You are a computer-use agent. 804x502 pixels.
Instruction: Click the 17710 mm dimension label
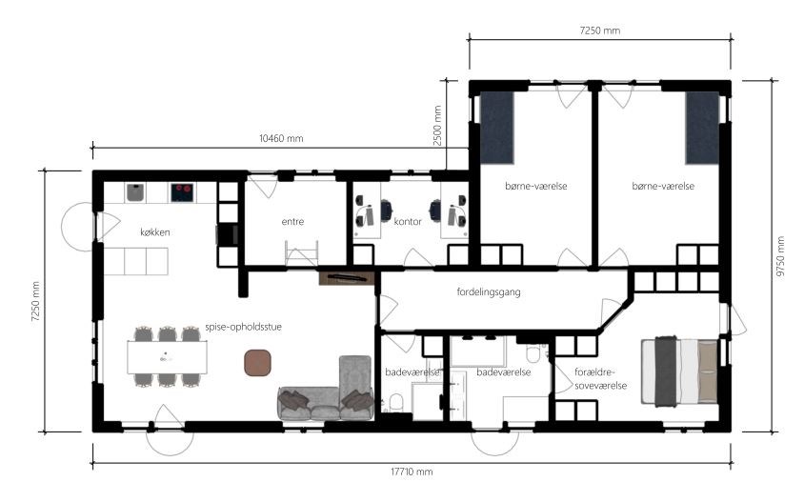412,472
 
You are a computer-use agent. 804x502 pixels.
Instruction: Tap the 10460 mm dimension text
281,138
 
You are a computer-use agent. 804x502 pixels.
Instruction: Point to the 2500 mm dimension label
437,126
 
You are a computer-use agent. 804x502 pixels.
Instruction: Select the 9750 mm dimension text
780,256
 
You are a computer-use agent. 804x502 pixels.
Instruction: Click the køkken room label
155,232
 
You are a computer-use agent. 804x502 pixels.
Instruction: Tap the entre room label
292,222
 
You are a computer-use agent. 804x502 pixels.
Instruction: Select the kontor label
408,222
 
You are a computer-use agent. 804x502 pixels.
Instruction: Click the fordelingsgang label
489,291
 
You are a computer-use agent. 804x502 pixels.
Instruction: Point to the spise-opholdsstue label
243,327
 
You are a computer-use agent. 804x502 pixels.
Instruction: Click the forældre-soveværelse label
600,378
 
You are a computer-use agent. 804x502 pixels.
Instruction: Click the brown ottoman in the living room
257,363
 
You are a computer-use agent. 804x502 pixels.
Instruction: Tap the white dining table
167,357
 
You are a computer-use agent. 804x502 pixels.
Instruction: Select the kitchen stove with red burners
182,192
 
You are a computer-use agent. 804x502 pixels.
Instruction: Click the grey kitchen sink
135,192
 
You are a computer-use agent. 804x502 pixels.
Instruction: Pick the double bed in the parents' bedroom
679,371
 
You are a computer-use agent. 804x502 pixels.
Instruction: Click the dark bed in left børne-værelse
497,128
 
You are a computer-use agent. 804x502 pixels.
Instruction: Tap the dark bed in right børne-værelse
702,128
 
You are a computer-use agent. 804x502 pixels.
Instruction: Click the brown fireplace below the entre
347,278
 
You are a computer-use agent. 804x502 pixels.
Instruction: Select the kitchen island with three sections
136,261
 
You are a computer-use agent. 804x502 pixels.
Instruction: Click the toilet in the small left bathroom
396,403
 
